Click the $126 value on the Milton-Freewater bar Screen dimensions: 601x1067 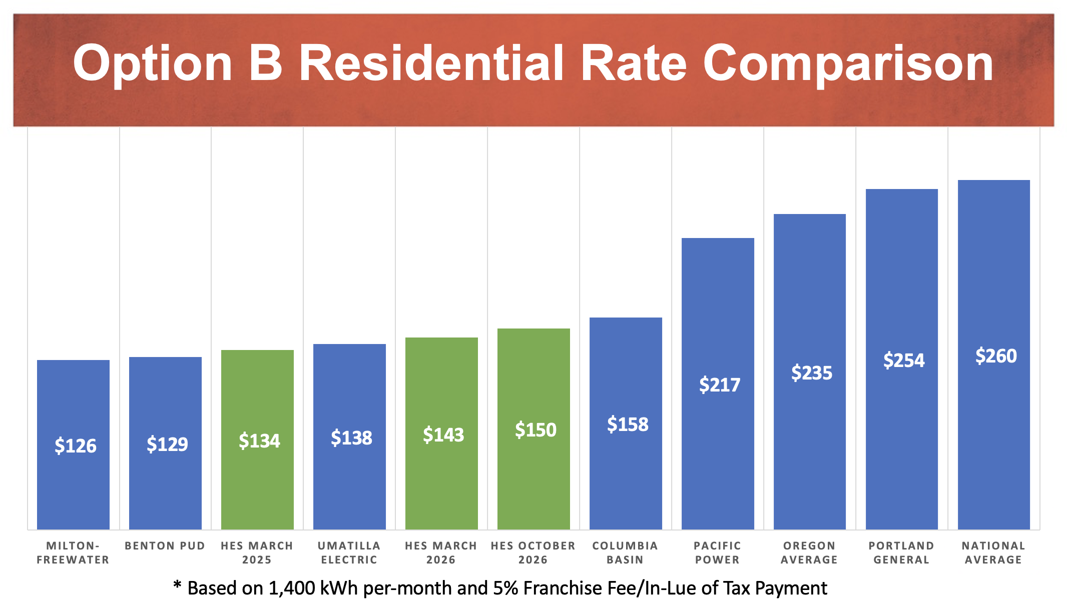pyautogui.click(x=75, y=445)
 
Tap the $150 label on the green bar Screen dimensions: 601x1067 pyautogui.click(x=536, y=430)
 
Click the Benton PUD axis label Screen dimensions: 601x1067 pyautogui.click(x=165, y=546)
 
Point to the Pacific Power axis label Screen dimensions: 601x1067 pyautogui.click(x=717, y=552)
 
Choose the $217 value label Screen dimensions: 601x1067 pyautogui.click(x=720, y=384)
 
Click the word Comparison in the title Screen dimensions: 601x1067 pyautogui.click(x=848, y=63)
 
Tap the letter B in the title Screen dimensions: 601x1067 pyautogui.click(x=265, y=63)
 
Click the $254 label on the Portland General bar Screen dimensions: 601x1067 pyautogui.click(x=904, y=360)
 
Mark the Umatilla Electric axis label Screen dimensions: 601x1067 pyautogui.click(x=349, y=552)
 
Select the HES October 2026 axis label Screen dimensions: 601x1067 pyautogui.click(x=533, y=552)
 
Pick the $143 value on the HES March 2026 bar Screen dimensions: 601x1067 pyautogui.click(x=443, y=435)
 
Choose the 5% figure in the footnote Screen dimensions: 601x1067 pyautogui.click(x=505, y=588)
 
